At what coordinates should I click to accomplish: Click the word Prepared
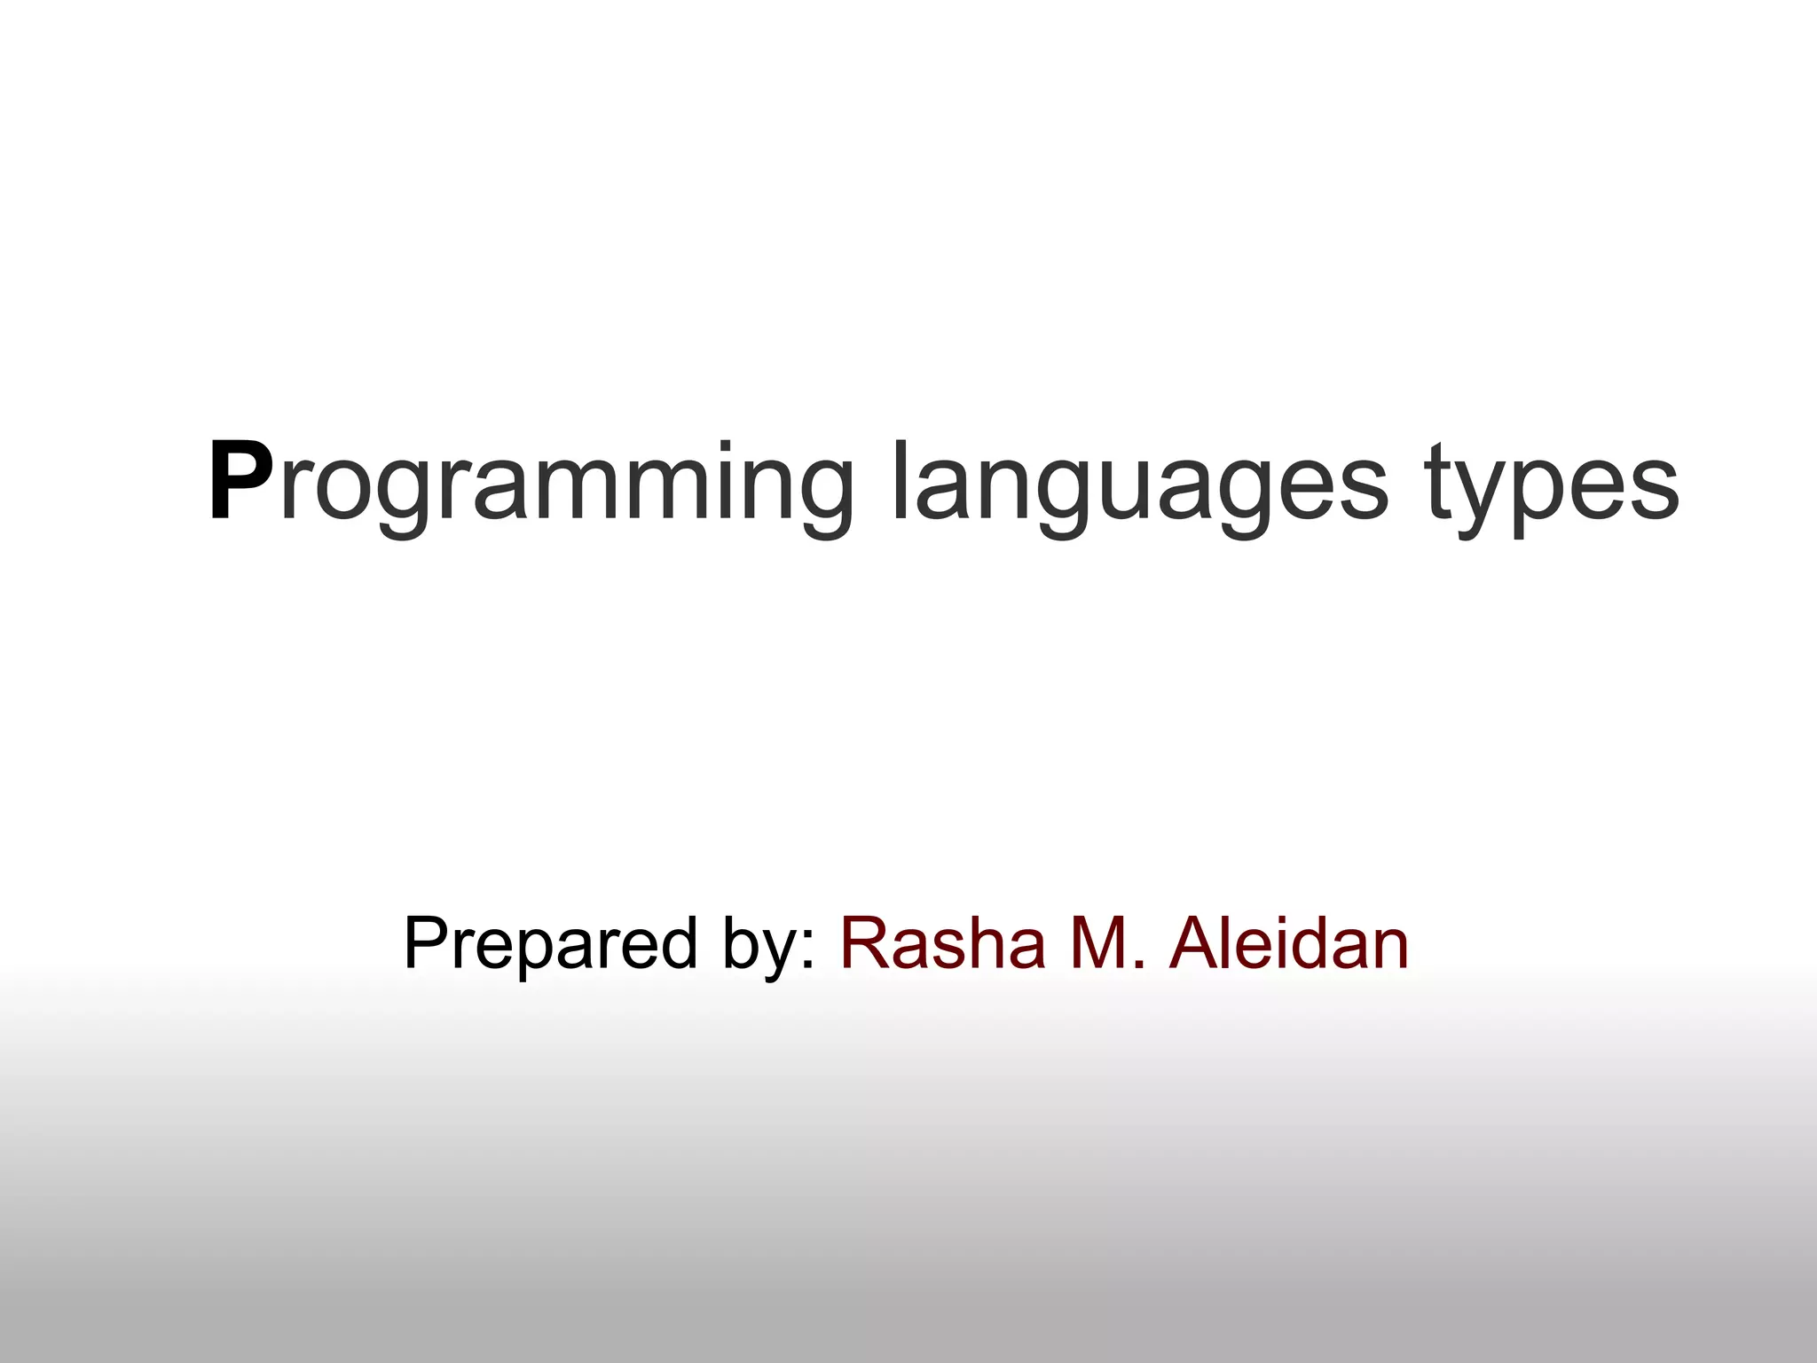[550, 942]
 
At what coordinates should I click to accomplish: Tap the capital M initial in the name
[1101, 942]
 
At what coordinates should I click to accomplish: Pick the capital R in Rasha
[865, 942]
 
